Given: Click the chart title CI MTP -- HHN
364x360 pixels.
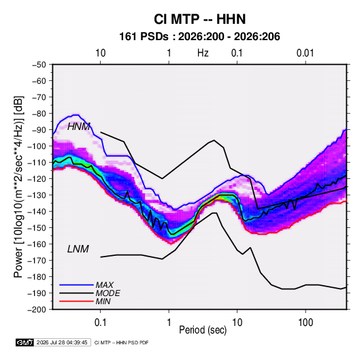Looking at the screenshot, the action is pyautogui.click(x=199, y=19).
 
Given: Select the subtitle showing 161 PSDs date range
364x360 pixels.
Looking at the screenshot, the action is pyautogui.click(x=199, y=37).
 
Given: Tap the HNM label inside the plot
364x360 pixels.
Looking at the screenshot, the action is pyautogui.click(x=79, y=127).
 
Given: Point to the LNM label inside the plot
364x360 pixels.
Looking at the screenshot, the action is pyautogui.click(x=78, y=249).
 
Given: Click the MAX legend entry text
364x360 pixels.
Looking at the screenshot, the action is pyautogui.click(x=105, y=285).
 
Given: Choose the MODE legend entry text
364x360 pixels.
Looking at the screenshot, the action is pyautogui.click(x=107, y=293).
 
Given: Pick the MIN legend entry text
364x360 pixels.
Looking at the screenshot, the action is pyautogui.click(x=103, y=301).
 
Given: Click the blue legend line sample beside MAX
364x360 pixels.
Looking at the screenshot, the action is pyautogui.click(x=76, y=285).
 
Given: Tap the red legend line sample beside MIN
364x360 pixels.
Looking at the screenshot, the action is pyautogui.click(x=76, y=301).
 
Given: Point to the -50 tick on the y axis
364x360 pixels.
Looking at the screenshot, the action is pyautogui.click(x=39, y=65).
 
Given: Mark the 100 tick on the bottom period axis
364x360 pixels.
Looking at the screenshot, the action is pyautogui.click(x=305, y=323).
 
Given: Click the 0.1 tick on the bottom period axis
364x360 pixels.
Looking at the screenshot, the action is pyautogui.click(x=100, y=323).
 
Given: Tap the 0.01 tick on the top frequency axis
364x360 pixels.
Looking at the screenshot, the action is pyautogui.click(x=305, y=53).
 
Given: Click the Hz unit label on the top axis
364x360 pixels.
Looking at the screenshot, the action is pyautogui.click(x=203, y=53).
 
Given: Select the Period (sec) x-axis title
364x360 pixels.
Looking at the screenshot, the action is pyautogui.click(x=203, y=330).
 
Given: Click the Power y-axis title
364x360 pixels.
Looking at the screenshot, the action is pyautogui.click(x=19, y=187).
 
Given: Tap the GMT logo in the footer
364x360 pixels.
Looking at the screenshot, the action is pyautogui.click(x=25, y=342).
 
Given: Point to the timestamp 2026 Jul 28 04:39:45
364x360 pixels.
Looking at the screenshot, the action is pyautogui.click(x=62, y=342).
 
